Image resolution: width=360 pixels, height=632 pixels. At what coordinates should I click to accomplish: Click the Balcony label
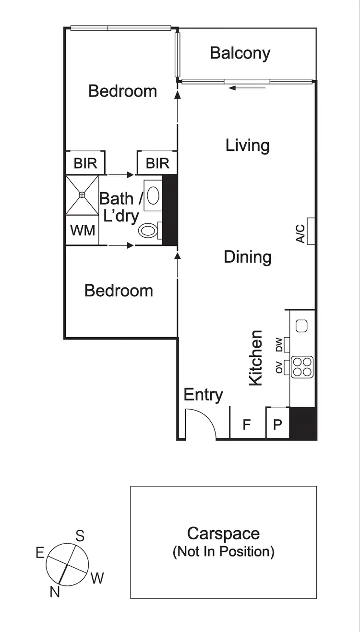[240, 53]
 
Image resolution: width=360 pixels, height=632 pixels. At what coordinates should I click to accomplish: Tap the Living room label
[247, 145]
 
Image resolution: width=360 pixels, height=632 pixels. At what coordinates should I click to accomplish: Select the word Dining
[248, 257]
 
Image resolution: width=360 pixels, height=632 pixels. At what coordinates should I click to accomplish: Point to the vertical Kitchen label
[255, 358]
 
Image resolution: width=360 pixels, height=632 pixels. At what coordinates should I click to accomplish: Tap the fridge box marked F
[247, 425]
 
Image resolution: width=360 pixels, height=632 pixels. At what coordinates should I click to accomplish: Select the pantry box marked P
[277, 425]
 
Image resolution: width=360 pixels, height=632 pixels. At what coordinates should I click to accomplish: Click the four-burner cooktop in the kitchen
[302, 367]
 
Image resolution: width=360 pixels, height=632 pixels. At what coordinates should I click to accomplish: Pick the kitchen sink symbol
[301, 326]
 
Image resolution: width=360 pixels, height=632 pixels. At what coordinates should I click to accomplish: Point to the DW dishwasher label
[278, 344]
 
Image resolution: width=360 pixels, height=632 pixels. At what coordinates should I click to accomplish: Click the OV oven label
[278, 367]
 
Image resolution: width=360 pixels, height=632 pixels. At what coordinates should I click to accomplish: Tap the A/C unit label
[301, 232]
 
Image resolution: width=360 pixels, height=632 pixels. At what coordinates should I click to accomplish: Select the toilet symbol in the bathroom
[148, 231]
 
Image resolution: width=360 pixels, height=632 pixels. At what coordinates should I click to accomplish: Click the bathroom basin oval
[153, 196]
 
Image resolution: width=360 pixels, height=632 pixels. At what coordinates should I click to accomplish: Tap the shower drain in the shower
[82, 194]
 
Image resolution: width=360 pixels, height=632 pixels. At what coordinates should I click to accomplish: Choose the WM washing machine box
[83, 230]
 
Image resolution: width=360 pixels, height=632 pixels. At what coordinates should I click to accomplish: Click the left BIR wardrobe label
[85, 163]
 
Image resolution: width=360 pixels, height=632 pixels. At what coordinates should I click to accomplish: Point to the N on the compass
[55, 592]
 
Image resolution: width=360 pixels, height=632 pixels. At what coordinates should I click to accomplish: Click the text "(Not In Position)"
[223, 551]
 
